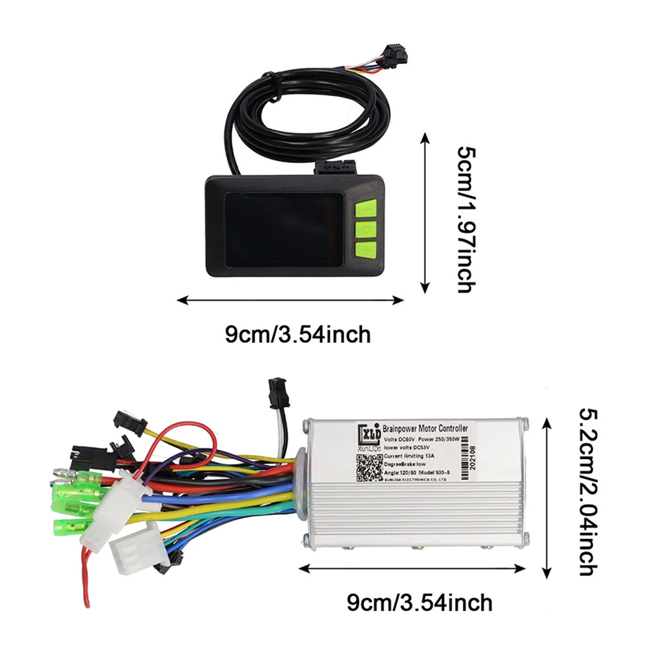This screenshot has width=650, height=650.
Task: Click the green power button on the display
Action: click(x=366, y=229)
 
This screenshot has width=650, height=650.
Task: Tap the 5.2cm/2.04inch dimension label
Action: click(x=587, y=492)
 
